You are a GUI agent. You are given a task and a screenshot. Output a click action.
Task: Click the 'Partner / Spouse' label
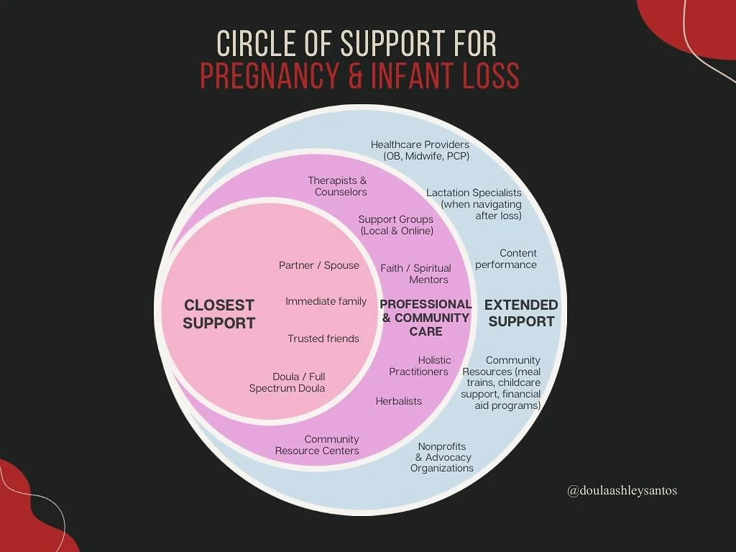click(x=318, y=265)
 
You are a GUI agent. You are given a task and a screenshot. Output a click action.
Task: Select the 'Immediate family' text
click(x=326, y=301)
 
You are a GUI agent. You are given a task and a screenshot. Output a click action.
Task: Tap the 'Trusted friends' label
click(x=323, y=339)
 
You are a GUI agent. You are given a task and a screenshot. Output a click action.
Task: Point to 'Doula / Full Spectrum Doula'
click(x=287, y=382)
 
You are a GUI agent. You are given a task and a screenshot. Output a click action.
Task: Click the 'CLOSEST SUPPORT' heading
click(x=218, y=314)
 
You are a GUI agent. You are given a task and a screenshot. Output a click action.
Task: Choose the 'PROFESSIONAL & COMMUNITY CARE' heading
click(x=425, y=318)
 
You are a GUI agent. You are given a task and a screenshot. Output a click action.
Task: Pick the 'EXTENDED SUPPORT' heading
click(x=521, y=313)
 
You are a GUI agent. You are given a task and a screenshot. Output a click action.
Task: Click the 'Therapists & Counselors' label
click(x=338, y=186)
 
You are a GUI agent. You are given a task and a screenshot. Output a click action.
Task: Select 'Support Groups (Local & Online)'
click(x=396, y=225)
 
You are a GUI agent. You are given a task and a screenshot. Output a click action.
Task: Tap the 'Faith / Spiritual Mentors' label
click(x=416, y=274)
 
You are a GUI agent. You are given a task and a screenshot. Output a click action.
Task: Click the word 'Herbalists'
click(x=398, y=401)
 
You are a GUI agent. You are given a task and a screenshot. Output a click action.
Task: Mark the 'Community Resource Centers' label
click(x=318, y=445)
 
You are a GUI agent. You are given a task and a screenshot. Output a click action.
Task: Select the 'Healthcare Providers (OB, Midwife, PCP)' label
click(x=420, y=150)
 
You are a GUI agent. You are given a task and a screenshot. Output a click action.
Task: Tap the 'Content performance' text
click(x=506, y=259)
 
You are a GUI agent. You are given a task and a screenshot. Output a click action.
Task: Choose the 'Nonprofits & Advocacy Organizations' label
click(x=443, y=457)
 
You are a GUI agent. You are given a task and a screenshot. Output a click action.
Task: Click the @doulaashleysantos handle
click(x=622, y=491)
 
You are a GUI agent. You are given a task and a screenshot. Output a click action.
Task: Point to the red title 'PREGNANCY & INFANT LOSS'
click(x=359, y=76)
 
